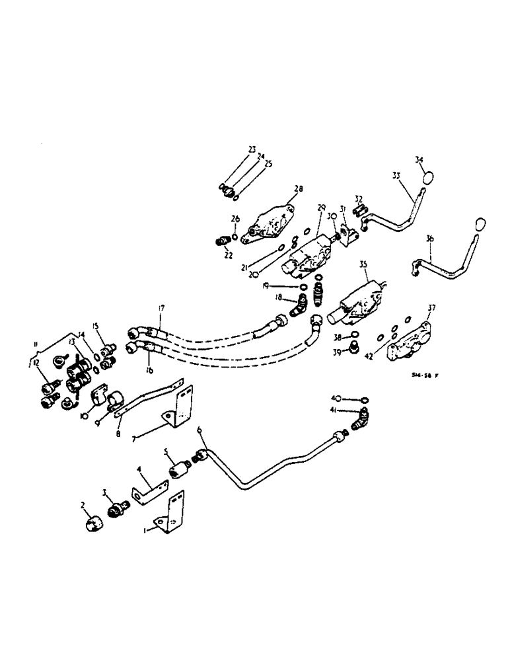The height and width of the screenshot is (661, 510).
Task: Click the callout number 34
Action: point(419,159)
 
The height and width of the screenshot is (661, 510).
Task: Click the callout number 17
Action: point(161,309)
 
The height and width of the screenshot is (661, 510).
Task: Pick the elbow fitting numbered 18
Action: point(298,305)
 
